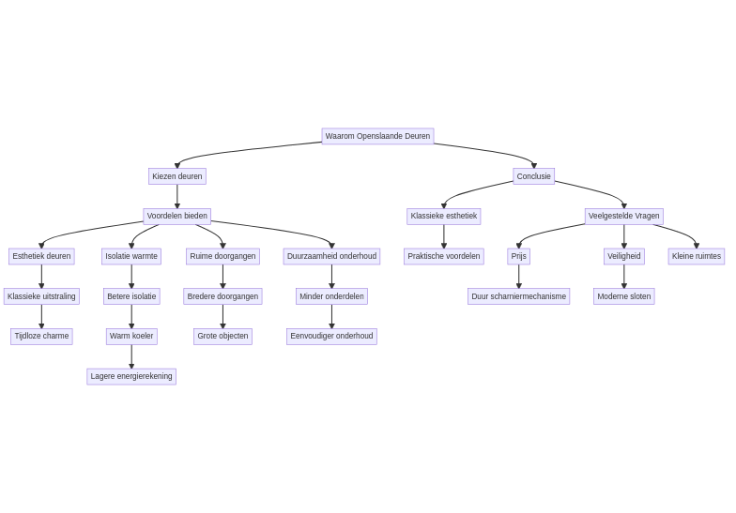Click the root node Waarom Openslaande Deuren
click(377, 136)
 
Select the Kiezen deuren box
click(176, 176)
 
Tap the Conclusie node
click(533, 176)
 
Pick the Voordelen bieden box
click(176, 216)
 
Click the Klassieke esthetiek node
click(443, 216)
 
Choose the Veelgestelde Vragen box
click(623, 216)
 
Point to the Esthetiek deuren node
click(41, 256)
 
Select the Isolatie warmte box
click(131, 256)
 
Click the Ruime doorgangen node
click(222, 256)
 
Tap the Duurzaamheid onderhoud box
click(331, 256)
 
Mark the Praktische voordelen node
click(443, 256)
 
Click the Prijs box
click(518, 256)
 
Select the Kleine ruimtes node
click(696, 256)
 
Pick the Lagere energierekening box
click(131, 376)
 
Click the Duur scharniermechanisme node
click(518, 296)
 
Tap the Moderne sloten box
click(623, 296)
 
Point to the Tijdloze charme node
click(41, 336)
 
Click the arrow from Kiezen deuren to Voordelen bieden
click(176, 196)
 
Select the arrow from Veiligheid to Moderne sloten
click(623, 277)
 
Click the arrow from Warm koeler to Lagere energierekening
click(131, 356)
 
